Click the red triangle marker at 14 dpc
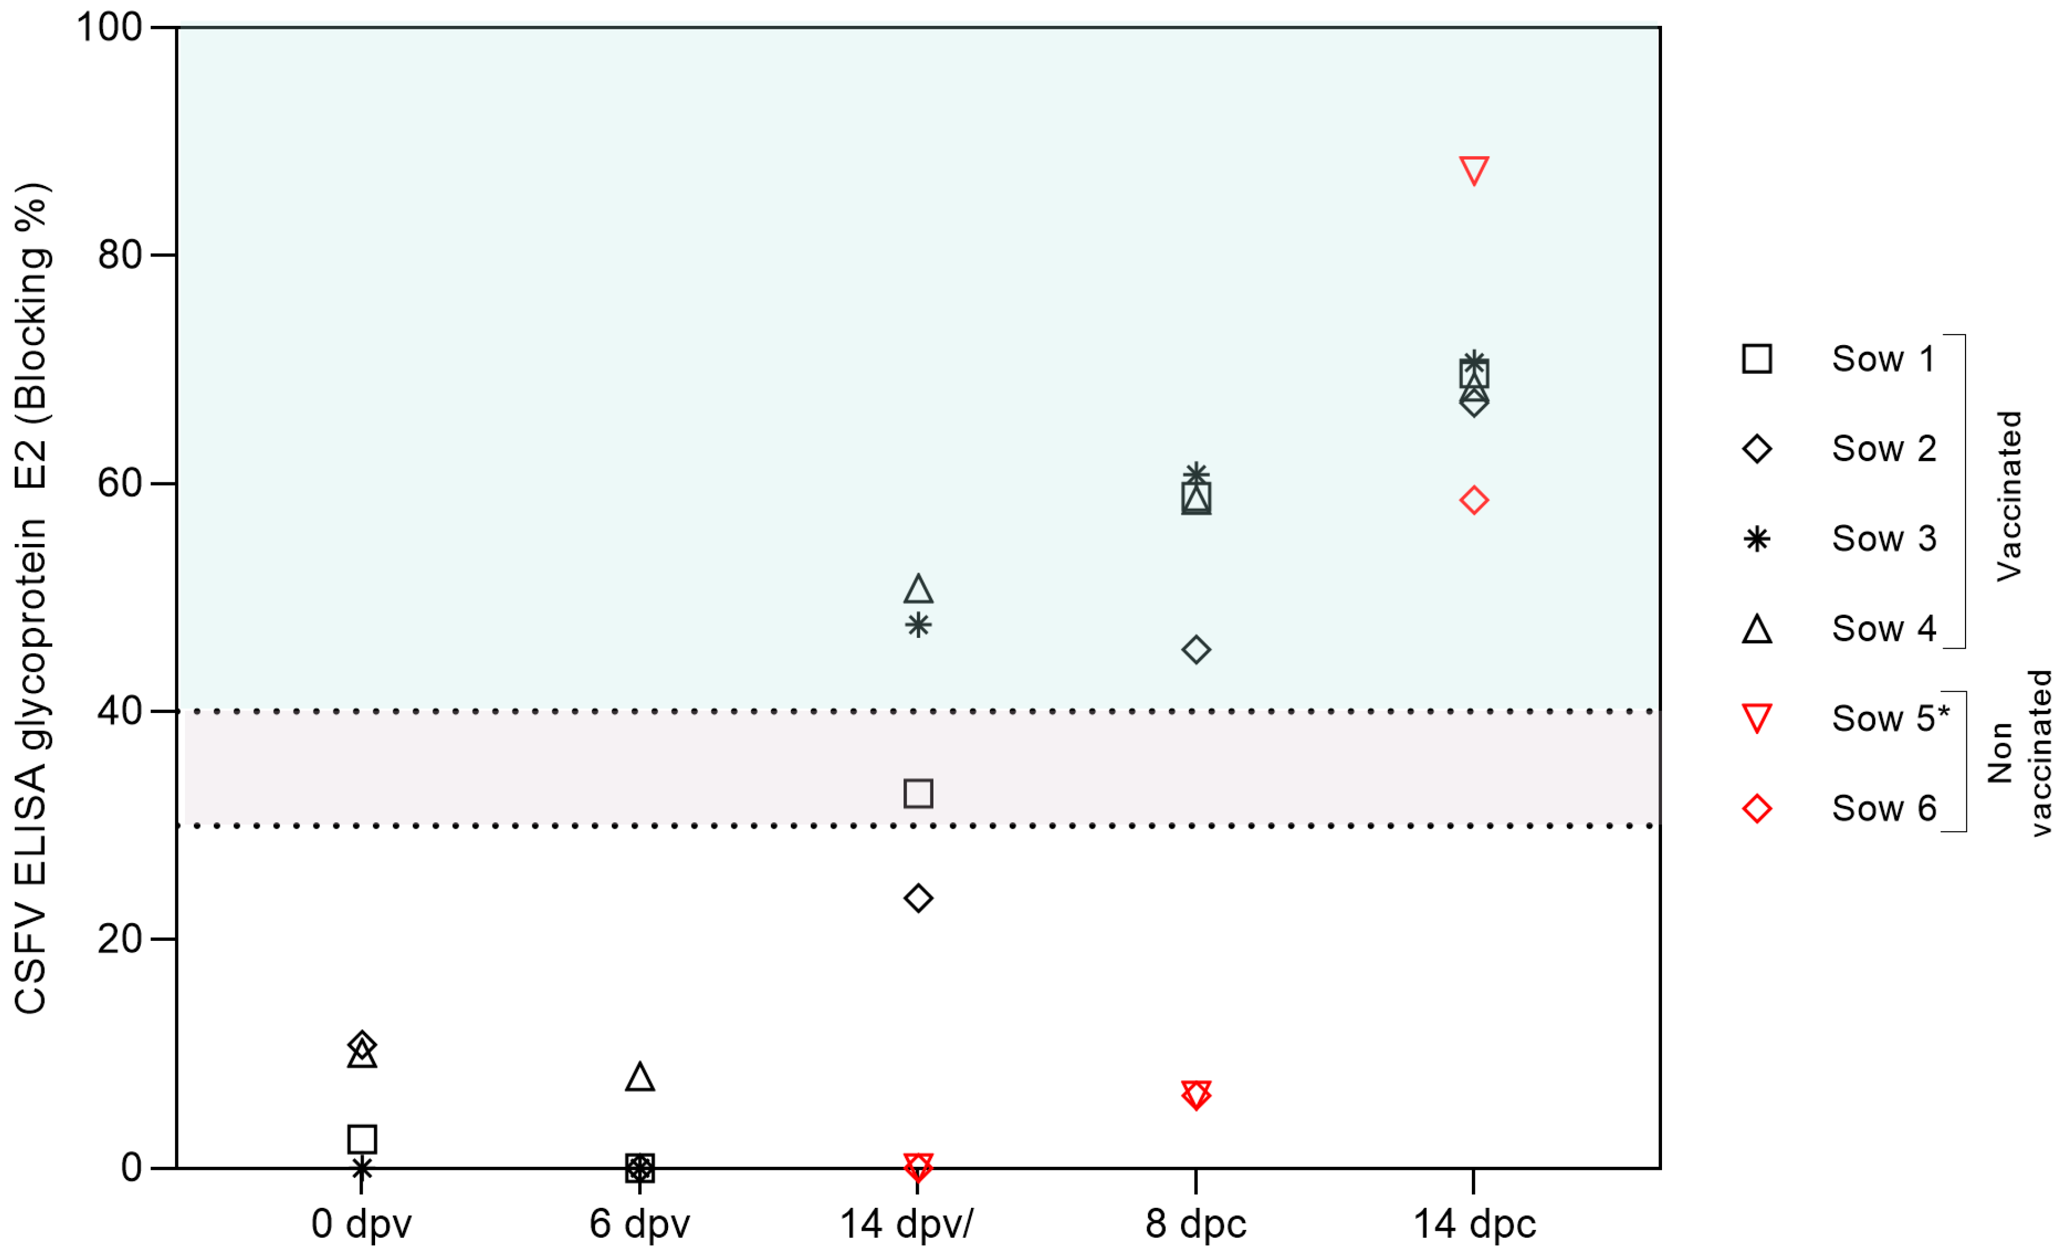pos(1474,170)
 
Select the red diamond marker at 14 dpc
pos(1474,501)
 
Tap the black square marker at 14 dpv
pos(918,793)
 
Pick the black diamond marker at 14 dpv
pos(918,898)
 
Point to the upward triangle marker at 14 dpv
pos(918,590)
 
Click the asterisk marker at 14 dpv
pos(918,625)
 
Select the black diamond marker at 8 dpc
pos(1196,650)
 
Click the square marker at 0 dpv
pos(362,1139)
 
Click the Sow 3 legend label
pos(1884,538)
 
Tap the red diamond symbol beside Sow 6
pos(1757,809)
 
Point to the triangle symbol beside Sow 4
pos(1757,629)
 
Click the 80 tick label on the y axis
pos(120,255)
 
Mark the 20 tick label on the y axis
pos(120,938)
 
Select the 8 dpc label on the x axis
pos(1196,1224)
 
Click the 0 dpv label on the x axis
pos(362,1224)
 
